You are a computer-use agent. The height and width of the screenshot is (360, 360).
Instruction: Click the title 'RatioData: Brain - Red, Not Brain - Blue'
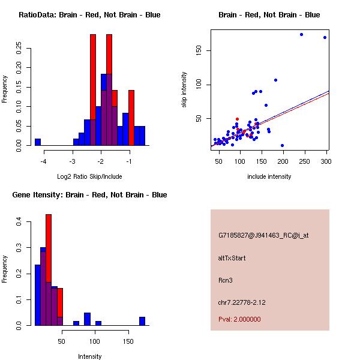89,15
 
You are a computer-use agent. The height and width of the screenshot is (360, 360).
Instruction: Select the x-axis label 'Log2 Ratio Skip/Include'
89,176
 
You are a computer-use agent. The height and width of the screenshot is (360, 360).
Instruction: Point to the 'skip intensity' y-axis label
184,90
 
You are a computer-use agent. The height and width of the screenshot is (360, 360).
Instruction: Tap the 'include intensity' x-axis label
269,176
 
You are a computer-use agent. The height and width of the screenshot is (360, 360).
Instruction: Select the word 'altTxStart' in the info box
232,258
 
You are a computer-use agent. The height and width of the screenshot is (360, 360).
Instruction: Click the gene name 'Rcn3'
226,280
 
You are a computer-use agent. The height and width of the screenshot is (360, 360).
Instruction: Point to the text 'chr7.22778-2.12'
241,302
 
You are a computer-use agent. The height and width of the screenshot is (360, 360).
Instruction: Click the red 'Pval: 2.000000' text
239,319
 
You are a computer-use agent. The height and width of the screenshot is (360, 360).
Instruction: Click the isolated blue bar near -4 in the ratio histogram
38,142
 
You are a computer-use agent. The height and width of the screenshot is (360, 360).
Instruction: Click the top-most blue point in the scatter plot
301,34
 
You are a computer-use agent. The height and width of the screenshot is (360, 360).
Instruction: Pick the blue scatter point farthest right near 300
325,37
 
